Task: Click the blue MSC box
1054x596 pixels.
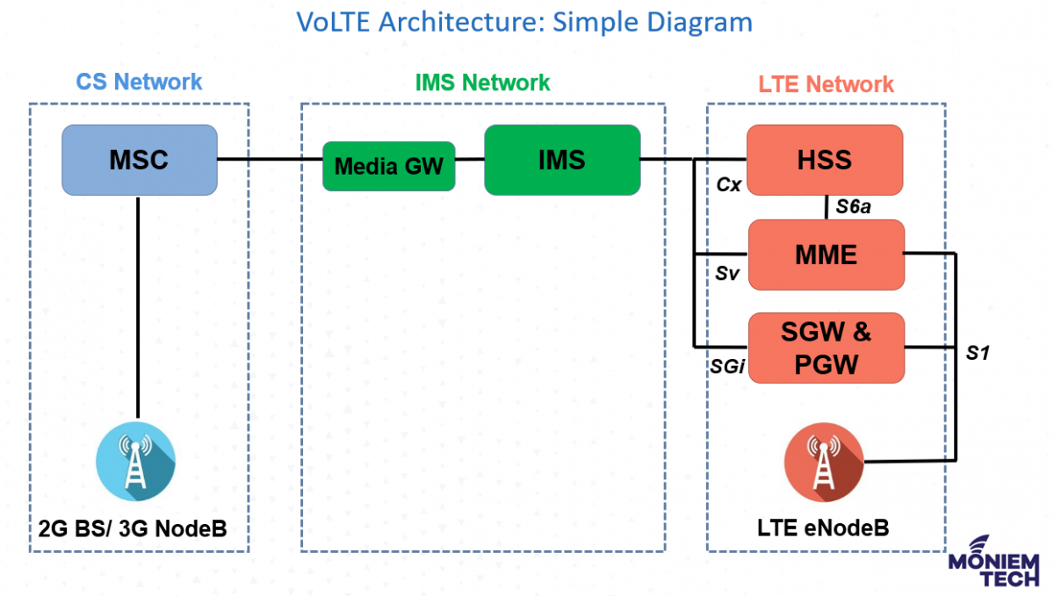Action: [x=139, y=160]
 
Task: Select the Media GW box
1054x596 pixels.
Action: [x=388, y=166]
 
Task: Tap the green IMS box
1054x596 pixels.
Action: [x=561, y=160]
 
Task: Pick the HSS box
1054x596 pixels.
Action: [x=824, y=160]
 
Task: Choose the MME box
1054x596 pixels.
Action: [x=825, y=255]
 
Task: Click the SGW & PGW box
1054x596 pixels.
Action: [x=825, y=348]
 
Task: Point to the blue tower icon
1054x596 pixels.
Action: [x=135, y=462]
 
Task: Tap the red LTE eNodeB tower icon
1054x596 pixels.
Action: [x=823, y=462]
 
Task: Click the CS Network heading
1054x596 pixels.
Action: [x=139, y=83]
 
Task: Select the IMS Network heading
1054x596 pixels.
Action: [x=482, y=83]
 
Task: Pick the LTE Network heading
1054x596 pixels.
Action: [x=826, y=84]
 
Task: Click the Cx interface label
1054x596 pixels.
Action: [x=728, y=185]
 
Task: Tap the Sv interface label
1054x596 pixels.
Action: [x=727, y=274]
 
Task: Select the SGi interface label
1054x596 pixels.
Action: [x=727, y=367]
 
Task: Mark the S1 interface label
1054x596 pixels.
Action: [x=978, y=353]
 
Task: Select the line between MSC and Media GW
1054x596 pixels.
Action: [x=270, y=160]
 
